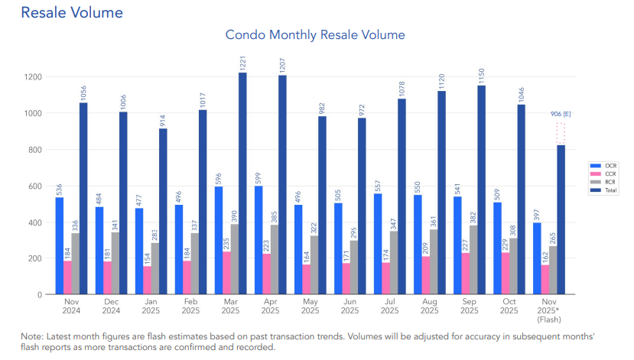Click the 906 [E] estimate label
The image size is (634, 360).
click(561, 114)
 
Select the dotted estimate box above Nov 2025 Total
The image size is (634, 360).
click(561, 134)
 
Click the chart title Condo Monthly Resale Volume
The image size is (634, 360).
click(315, 35)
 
